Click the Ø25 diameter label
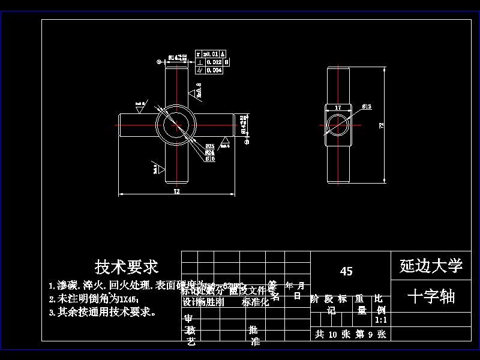tap(210, 146)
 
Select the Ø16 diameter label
tap(210, 159)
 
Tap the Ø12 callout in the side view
tap(367, 106)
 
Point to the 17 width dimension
tap(338, 107)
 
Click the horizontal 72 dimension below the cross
tap(176, 191)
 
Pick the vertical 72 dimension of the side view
tap(382, 125)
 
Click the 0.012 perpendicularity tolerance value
tap(214, 62)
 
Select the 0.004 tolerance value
tap(214, 70)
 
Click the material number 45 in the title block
tap(346, 271)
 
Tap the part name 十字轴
tap(431, 296)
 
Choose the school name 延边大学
tap(431, 265)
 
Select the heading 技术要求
tap(127, 266)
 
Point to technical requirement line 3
tap(103, 312)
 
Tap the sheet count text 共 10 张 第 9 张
tap(350, 335)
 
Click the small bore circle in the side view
tap(338, 125)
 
